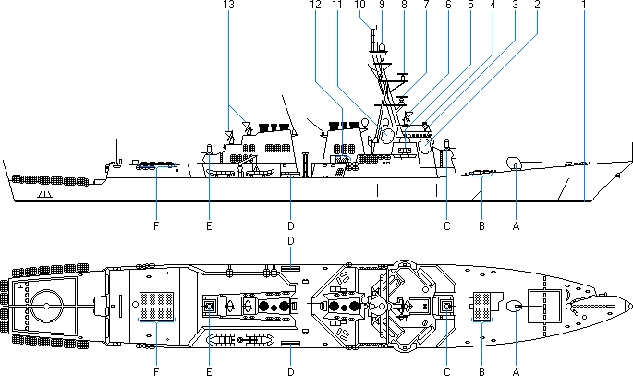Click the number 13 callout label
[228, 6]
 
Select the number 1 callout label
[584, 6]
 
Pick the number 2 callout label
[537, 6]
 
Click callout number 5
[470, 6]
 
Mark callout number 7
[426, 6]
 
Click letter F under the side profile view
[156, 225]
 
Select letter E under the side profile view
[210, 225]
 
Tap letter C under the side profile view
[446, 225]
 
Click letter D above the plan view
[290, 241]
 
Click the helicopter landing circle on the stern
[44, 302]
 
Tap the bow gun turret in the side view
[514, 164]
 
